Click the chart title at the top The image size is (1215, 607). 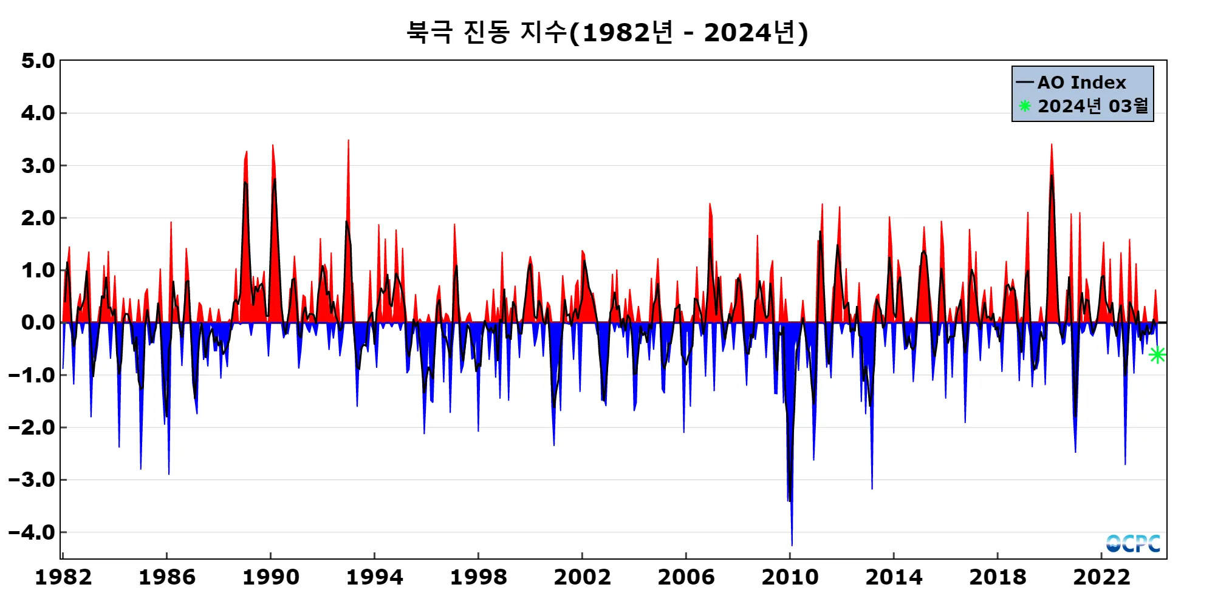click(x=607, y=32)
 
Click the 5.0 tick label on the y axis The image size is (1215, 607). click(x=38, y=61)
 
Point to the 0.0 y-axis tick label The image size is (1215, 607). click(x=38, y=322)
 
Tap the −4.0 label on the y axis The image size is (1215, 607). click(x=32, y=532)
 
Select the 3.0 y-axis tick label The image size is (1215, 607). click(x=38, y=166)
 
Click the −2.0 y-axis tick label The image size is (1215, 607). click(x=32, y=427)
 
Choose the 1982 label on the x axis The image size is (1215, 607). click(x=63, y=577)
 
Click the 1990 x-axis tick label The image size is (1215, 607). click(x=271, y=577)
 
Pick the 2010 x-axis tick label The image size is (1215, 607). click(x=790, y=577)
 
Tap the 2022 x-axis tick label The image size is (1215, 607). click(x=1101, y=577)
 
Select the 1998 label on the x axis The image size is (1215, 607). click(x=479, y=577)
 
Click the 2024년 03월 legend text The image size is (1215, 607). click(x=1093, y=106)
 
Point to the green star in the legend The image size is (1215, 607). click(x=1025, y=106)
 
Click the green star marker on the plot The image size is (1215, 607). click(x=1157, y=355)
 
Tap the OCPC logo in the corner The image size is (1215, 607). click(x=1133, y=543)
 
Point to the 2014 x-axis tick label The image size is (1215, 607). click(x=894, y=577)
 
